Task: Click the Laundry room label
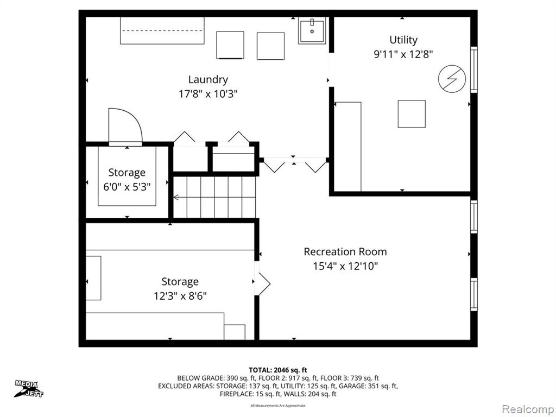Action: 208,80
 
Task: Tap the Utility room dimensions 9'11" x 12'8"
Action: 403,54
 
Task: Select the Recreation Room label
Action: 345,252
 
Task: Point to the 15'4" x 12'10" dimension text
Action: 345,266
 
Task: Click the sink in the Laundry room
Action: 312,31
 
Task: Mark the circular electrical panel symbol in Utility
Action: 452,79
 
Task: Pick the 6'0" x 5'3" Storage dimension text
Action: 127,187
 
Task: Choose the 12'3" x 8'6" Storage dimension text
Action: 180,296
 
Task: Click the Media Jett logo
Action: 29,389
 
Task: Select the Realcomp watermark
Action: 528,409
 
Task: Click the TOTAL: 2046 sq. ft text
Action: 277,370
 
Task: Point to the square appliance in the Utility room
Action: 412,114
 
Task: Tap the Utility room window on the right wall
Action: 473,69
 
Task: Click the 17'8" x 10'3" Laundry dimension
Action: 208,94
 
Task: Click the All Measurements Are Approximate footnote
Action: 278,406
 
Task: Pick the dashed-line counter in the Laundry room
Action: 162,31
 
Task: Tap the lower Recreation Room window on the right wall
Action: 473,295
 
